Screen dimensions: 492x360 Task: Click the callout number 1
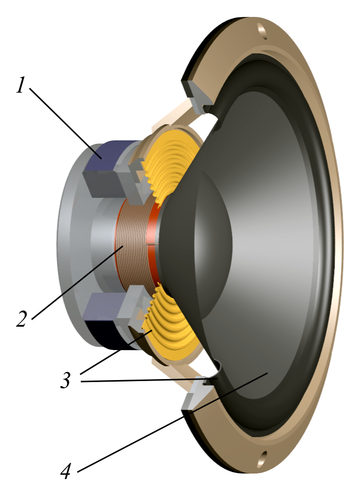[x=20, y=85]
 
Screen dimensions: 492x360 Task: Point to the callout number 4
[x=66, y=470]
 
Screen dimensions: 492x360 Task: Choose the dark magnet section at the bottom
[x=107, y=337]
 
